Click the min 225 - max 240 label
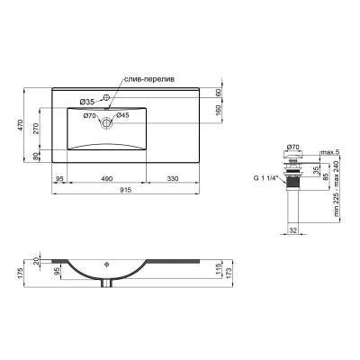(337, 188)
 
